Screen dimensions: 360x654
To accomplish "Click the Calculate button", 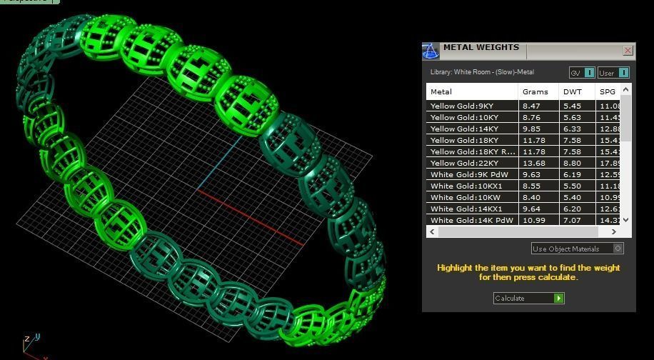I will (x=528, y=298).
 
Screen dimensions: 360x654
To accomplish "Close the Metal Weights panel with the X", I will (x=628, y=50).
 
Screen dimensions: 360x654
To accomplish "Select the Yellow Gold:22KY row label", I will (x=463, y=163).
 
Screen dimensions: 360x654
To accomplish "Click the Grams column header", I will (x=535, y=91).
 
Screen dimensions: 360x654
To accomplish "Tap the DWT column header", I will (x=572, y=91).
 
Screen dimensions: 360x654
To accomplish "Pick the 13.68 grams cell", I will (x=534, y=163).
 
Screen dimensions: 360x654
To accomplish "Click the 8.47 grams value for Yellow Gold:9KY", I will (x=532, y=106).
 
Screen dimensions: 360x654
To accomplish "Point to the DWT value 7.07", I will (x=572, y=220).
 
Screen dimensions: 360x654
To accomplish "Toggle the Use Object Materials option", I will (x=618, y=249).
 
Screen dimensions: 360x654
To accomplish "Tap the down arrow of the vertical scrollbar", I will (x=626, y=220).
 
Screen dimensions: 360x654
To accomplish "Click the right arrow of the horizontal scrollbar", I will (x=626, y=231).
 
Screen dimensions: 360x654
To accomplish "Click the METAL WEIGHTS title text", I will (x=481, y=48).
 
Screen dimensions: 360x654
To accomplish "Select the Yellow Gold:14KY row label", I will (x=463, y=129).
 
